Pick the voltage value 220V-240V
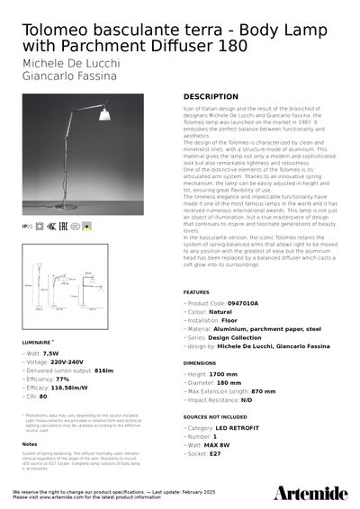click(68, 362)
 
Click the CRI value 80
click(43, 396)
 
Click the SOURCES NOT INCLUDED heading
click(217, 418)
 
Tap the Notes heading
click(30, 443)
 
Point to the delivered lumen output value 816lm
click(103, 371)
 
